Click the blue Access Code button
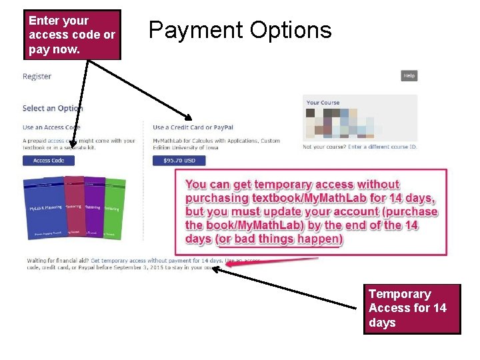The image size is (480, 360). (x=49, y=161)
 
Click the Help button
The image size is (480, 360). (x=409, y=76)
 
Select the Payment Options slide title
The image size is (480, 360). (x=240, y=31)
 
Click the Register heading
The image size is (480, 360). (x=37, y=77)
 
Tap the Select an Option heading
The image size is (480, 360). (x=52, y=108)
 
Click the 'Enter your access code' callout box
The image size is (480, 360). (x=72, y=35)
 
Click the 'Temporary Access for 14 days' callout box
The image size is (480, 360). (x=411, y=309)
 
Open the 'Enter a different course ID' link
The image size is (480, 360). (x=382, y=147)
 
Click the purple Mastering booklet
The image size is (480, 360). (x=95, y=208)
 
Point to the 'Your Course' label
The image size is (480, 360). (x=323, y=103)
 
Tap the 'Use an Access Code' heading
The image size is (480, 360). (x=51, y=127)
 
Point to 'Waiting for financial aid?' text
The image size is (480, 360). (x=58, y=260)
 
